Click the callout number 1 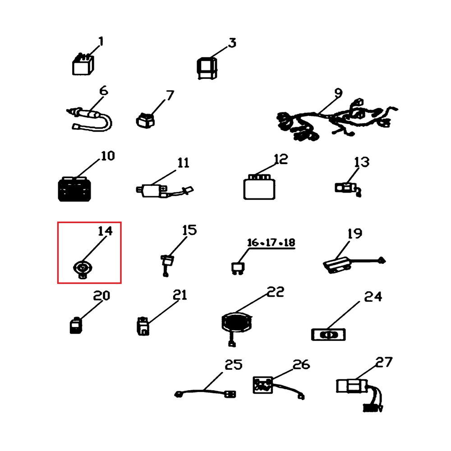point(101,41)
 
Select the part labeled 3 point(207,68)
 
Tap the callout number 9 point(339,93)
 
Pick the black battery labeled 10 point(75,189)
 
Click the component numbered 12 point(259,187)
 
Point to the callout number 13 point(362,162)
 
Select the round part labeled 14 point(83,270)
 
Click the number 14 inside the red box point(105,230)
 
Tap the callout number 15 point(189,230)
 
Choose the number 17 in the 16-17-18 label point(271,243)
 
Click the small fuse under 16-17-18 point(238,268)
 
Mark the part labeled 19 point(354,264)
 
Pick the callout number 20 point(101,295)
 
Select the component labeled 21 point(143,326)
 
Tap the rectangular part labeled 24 point(328,335)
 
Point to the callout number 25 point(233,364)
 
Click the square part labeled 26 point(262,385)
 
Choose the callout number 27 point(384,362)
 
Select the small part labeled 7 point(145,121)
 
